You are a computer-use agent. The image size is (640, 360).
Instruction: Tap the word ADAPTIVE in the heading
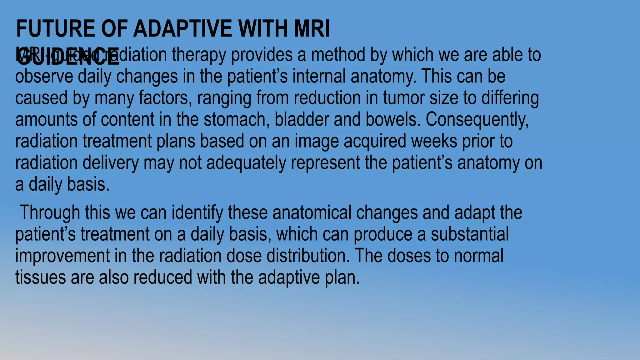point(183,29)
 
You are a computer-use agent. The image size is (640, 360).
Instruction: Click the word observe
point(44,77)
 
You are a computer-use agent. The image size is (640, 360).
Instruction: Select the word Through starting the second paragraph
point(50,213)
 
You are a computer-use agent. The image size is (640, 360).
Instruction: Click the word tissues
point(40,277)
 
